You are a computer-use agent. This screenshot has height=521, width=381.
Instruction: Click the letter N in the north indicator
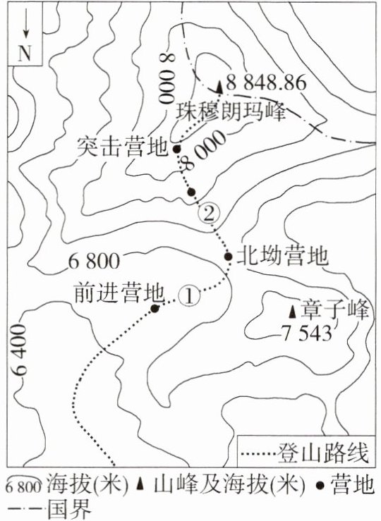pos(25,53)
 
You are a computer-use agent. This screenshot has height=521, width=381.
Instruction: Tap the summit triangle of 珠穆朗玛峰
pos(219,87)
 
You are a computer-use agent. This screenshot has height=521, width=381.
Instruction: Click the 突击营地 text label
pos(121,147)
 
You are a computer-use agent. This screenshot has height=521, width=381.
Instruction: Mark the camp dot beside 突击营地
pos(177,149)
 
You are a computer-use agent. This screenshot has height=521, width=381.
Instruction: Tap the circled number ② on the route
pos(209,214)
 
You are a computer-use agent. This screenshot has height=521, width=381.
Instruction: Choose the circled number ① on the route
pos(189,295)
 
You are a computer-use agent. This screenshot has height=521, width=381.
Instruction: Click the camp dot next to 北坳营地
pos(228,257)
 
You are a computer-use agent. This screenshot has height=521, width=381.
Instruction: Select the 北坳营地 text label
pos(282,256)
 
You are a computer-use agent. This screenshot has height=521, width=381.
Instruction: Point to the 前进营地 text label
pos(120,293)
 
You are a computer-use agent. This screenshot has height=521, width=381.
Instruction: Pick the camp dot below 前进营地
pos(155,308)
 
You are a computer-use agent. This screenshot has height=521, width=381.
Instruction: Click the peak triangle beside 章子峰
pos(292,311)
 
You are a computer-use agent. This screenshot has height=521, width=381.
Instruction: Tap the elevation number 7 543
pos(306,333)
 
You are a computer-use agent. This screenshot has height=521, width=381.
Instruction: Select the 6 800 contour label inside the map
pos(94,262)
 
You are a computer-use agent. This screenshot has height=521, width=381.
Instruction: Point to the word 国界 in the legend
pos(69,509)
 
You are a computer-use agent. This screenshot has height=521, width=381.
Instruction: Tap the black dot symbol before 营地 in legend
pos(320,486)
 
